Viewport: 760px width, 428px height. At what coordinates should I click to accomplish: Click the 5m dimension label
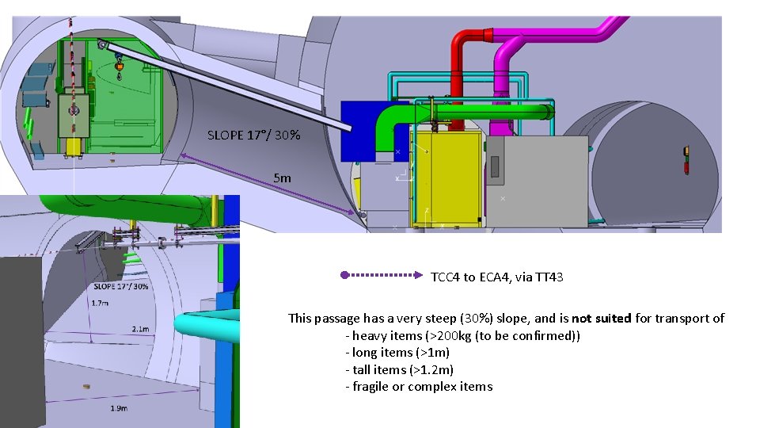(x=282, y=178)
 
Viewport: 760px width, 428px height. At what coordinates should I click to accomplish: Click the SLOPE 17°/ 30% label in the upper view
(x=253, y=136)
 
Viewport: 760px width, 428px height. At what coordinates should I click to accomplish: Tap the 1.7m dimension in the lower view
(x=101, y=303)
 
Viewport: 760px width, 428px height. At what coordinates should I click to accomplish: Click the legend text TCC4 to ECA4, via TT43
(x=496, y=277)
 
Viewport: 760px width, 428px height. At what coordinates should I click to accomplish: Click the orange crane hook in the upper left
(x=120, y=67)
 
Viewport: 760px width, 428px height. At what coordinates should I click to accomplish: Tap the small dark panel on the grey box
(x=495, y=166)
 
